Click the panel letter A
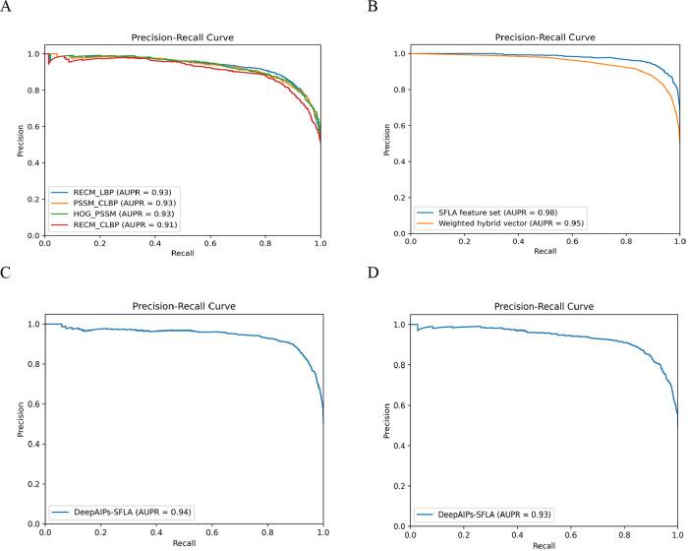(x=7, y=7)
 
